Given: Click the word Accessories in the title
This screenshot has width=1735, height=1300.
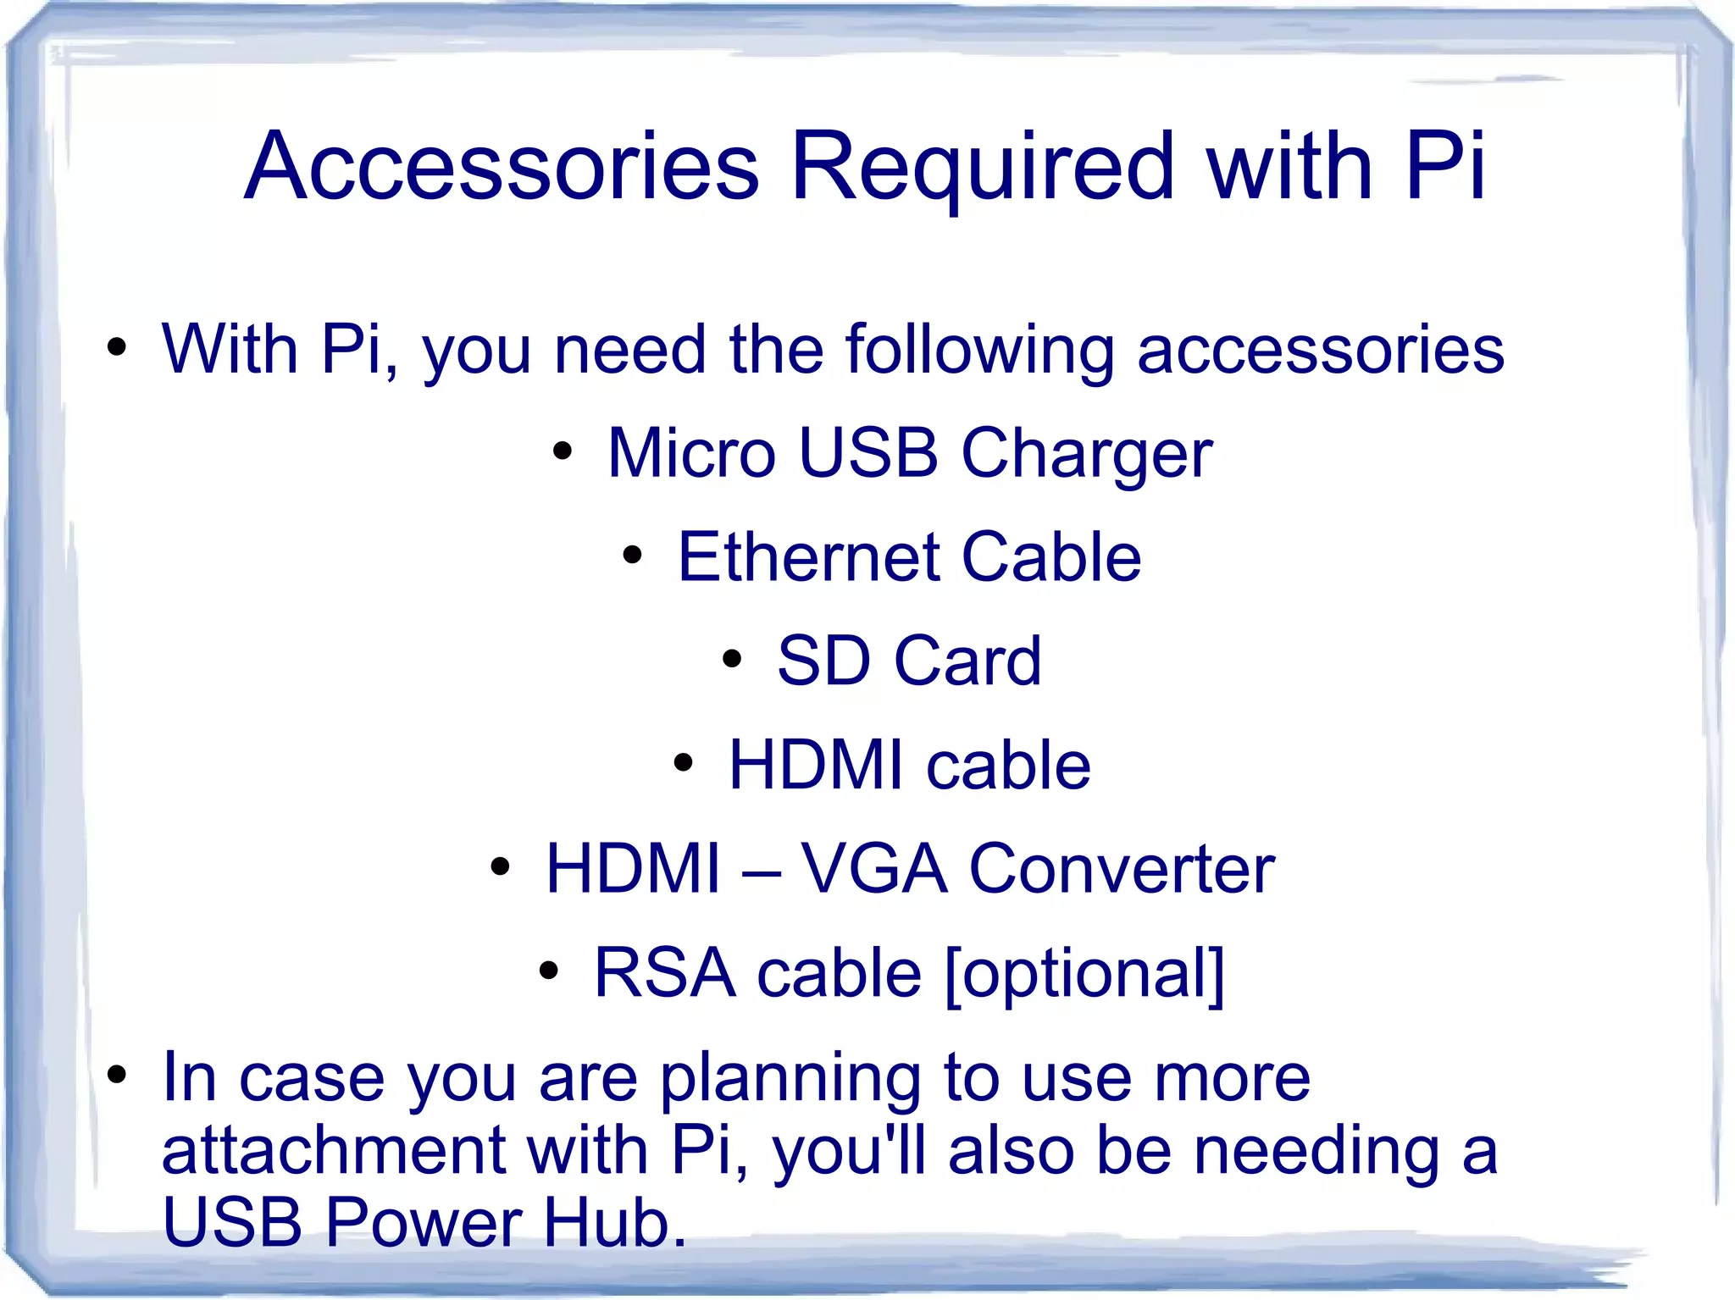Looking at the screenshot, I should click(502, 167).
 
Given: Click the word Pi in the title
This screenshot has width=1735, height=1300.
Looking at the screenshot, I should click(1444, 167).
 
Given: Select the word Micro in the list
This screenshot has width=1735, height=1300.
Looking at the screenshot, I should click(690, 453).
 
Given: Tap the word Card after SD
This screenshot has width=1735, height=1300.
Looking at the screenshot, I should click(967, 661).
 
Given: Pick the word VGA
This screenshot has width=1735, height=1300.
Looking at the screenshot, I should click(873, 869).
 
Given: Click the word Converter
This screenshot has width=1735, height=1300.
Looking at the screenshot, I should click(1122, 870).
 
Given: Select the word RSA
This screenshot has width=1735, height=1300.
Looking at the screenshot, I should click(664, 973).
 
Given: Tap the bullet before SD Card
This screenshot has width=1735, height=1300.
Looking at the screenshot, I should click(732, 659).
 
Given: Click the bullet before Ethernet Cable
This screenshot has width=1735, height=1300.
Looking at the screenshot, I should click(632, 555).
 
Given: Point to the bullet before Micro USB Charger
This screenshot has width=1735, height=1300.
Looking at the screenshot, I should click(562, 451).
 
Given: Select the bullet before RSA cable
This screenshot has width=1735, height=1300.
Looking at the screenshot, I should click(549, 971).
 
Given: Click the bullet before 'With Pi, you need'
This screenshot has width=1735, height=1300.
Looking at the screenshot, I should click(117, 346).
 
